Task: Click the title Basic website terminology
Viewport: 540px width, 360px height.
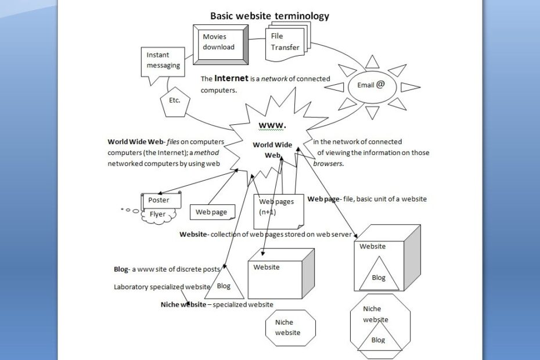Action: [269, 16]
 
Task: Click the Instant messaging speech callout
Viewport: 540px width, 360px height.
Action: [163, 61]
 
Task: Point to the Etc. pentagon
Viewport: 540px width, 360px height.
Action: [175, 100]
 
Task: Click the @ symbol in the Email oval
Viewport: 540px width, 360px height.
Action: [380, 84]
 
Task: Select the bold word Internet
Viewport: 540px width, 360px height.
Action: [231, 78]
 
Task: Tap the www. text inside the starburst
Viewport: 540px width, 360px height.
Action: [272, 125]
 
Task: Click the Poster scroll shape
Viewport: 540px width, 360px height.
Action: [160, 200]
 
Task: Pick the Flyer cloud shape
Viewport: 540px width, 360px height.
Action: [157, 215]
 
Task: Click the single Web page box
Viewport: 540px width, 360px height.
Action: [212, 213]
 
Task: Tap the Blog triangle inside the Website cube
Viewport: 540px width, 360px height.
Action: [379, 276]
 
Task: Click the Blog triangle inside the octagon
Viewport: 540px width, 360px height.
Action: [378, 340]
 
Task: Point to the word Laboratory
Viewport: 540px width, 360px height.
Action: [132, 287]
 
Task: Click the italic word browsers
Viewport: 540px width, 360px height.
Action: [329, 164]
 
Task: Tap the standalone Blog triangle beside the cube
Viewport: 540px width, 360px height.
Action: [224, 285]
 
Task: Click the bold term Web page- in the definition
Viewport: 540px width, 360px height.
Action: [324, 199]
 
